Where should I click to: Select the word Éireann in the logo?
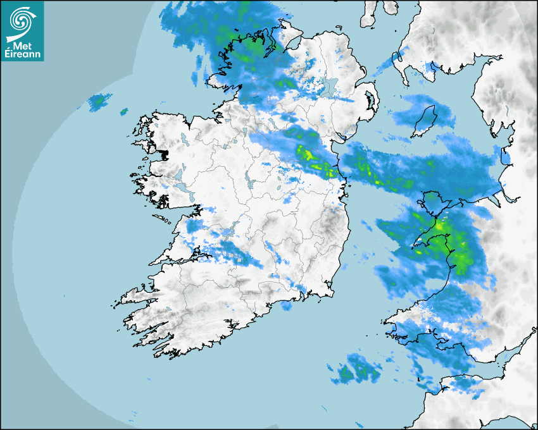tap(22, 54)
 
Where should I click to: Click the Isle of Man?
tap(424, 121)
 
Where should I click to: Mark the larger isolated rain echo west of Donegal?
tap(99, 101)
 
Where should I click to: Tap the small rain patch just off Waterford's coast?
tap(285, 306)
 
